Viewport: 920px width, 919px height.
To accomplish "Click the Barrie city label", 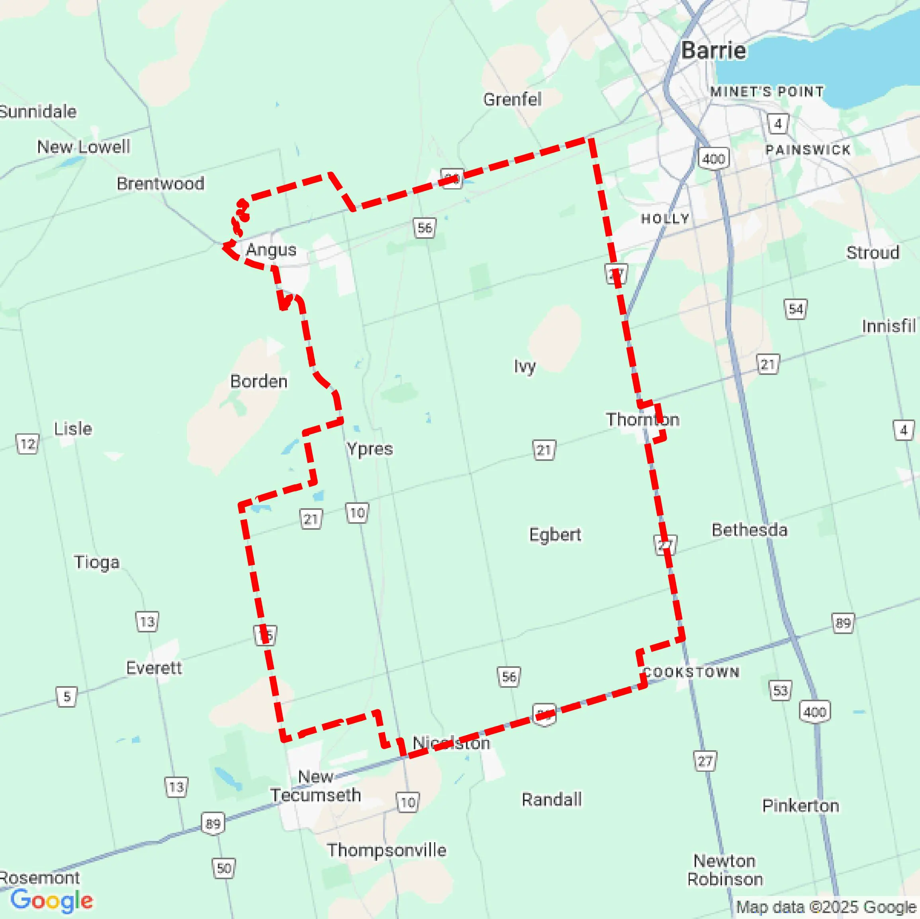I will (713, 51).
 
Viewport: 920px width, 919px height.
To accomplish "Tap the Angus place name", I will (271, 250).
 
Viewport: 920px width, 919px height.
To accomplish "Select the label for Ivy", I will (524, 366).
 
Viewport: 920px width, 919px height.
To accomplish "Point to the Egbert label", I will (555, 535).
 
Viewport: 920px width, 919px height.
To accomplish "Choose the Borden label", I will (258, 381).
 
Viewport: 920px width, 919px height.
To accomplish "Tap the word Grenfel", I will (512, 100).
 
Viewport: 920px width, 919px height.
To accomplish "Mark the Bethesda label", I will (749, 530).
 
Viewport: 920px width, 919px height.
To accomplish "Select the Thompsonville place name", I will (386, 850).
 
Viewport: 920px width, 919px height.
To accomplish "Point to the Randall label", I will (552, 800).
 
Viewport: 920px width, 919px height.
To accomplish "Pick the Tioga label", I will (96, 562).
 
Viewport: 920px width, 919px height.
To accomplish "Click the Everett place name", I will (153, 668).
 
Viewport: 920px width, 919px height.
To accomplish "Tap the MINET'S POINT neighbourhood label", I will (766, 92).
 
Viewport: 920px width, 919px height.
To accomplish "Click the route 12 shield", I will (27, 444).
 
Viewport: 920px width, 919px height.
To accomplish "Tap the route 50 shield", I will (223, 868).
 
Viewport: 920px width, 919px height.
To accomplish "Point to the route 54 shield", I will (795, 309).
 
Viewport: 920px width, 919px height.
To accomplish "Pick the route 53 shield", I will (780, 690).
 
